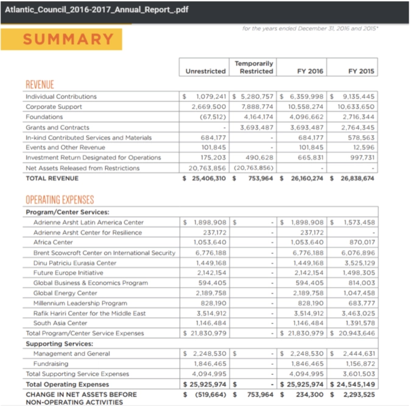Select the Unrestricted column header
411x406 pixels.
coord(205,71)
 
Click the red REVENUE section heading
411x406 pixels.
coord(40,85)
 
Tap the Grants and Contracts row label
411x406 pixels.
coord(57,127)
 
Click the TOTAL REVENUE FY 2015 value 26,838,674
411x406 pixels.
coord(357,179)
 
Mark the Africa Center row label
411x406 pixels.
coord(53,242)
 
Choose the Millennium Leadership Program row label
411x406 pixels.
coord(80,303)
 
